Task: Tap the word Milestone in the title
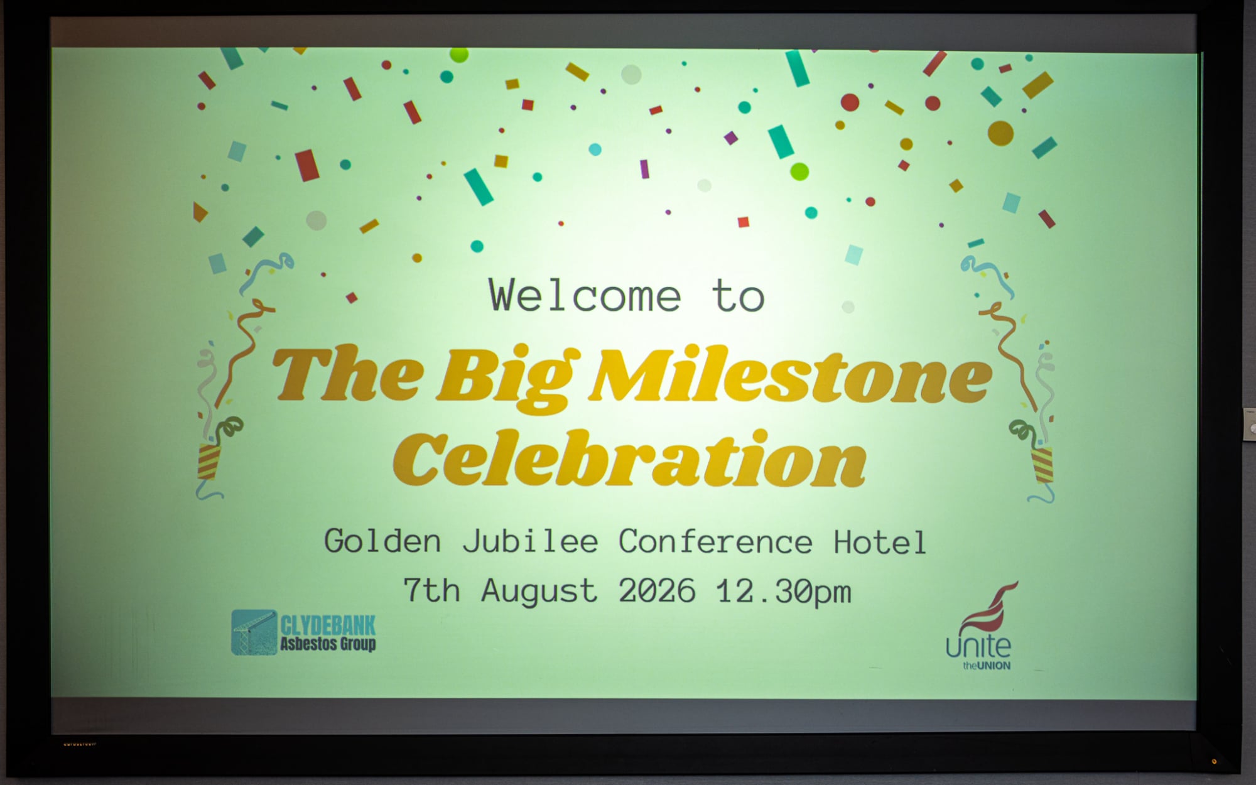coord(790,375)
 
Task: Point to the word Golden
coord(382,541)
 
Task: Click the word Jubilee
coord(531,541)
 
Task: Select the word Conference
coord(715,541)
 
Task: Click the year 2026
coord(657,590)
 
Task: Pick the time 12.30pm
coord(784,592)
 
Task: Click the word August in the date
coord(539,591)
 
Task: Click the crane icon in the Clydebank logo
coord(254,632)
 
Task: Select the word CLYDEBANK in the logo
coord(328,625)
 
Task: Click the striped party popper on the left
coord(208,461)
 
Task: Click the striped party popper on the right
coord(1042,465)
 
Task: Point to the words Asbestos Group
coord(328,644)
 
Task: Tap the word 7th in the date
coord(431,590)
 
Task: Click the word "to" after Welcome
coord(739,296)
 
